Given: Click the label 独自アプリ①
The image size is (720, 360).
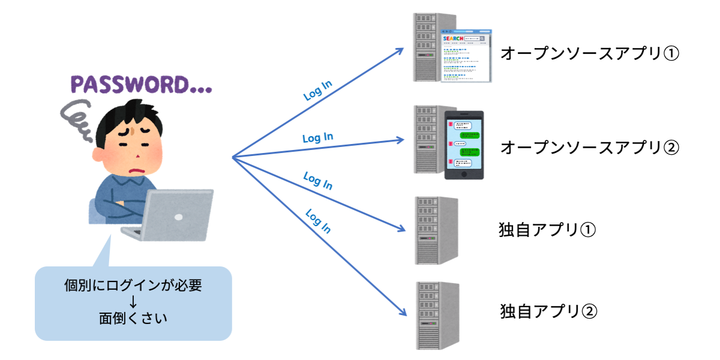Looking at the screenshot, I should (547, 230).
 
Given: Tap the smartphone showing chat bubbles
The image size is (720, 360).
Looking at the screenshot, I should (464, 145).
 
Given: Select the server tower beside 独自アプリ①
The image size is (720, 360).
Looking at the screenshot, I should (436, 230).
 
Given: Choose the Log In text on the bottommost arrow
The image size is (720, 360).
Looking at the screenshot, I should (318, 221).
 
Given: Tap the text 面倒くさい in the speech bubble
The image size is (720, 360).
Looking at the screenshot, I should (133, 318).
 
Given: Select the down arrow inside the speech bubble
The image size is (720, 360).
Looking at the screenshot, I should (133, 302).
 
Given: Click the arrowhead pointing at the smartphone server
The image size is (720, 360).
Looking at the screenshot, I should (401, 140).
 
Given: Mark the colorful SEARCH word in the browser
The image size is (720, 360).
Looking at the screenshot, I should (453, 39).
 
